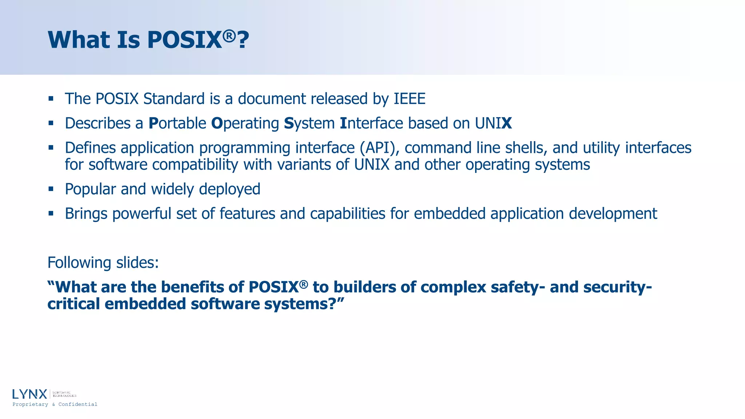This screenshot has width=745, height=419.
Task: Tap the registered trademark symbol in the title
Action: click(x=229, y=35)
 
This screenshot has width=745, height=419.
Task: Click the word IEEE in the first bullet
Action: click(x=409, y=99)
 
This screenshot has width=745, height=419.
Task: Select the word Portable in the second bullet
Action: click(x=178, y=123)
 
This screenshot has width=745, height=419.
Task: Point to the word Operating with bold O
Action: click(x=245, y=123)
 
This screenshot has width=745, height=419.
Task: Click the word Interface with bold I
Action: click(x=371, y=123)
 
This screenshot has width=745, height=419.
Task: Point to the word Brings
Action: click(x=86, y=214)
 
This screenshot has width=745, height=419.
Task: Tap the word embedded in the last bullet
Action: click(x=450, y=214)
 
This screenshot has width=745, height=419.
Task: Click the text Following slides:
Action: click(x=103, y=263)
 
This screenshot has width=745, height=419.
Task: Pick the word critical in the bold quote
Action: click(x=73, y=304)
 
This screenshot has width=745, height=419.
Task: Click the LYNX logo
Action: click(x=30, y=394)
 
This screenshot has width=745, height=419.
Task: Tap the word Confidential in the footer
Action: click(x=78, y=404)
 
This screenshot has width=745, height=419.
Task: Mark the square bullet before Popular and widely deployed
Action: click(x=51, y=189)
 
